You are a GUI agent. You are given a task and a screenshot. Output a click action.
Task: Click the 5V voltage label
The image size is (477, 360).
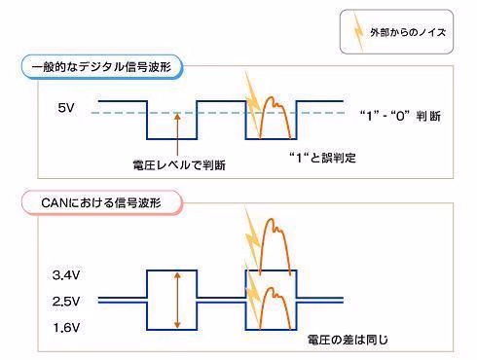[66, 108]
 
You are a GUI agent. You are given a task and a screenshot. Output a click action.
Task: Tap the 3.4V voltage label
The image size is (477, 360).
[66, 275]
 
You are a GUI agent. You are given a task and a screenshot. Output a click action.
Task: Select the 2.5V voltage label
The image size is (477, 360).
[66, 302]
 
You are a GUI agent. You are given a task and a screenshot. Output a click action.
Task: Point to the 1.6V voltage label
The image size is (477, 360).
[66, 328]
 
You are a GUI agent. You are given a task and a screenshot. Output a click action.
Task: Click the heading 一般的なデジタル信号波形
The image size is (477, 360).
[101, 67]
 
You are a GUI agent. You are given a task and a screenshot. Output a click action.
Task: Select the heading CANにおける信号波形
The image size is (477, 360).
[101, 203]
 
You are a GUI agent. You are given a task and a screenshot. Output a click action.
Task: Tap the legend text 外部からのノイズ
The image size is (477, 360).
[408, 32]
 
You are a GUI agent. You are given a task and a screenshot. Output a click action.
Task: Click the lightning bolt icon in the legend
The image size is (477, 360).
[358, 31]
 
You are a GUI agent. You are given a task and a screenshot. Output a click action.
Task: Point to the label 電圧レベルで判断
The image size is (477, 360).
[179, 165]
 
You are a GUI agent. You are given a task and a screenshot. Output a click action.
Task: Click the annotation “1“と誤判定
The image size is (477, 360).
[322, 158]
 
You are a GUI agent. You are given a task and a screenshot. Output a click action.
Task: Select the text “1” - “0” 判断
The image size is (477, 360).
[400, 116]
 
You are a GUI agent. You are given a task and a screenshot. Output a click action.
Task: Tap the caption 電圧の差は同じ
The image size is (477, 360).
[348, 340]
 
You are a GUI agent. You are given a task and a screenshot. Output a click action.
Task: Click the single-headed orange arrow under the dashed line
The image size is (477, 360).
[177, 134]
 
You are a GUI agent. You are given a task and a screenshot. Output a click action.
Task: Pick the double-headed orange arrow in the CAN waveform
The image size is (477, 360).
[177, 300]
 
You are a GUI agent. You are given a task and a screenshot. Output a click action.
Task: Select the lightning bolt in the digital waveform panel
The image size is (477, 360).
[252, 104]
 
